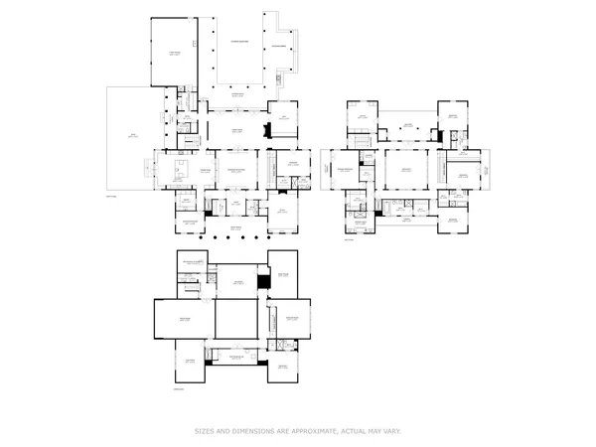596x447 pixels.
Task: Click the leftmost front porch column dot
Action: pos(203,238)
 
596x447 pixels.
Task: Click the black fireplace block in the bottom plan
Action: pos(262,283)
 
